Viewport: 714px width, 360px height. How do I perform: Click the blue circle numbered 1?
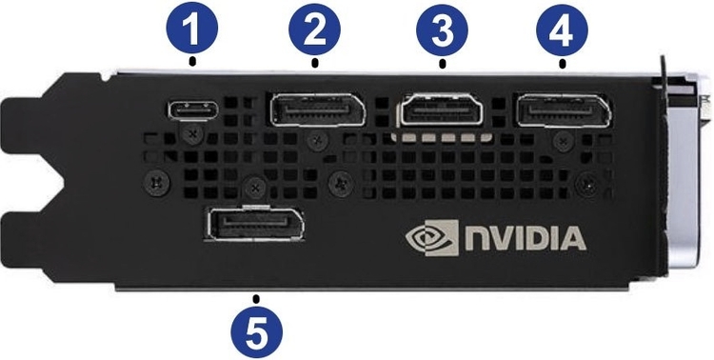pos(192,29)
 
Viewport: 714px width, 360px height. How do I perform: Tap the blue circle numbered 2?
pos(315,30)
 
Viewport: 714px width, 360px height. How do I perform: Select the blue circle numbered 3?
pos(442,30)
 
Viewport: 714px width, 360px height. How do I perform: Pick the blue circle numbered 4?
pos(562,30)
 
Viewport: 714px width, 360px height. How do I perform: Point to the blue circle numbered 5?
pos(256,331)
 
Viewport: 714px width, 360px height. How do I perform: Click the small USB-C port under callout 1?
pos(193,110)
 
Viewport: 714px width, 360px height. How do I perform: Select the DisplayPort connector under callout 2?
pos(317,110)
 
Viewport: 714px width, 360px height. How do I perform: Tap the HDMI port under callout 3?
pos(442,110)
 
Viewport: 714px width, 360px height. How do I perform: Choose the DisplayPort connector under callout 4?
pos(565,110)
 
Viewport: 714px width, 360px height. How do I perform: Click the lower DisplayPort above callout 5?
pos(255,223)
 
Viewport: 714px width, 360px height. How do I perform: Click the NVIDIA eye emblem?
pos(432,237)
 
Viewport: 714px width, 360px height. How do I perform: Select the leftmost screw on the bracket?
pos(156,183)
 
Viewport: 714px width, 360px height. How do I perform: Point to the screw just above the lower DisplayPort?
pos(255,188)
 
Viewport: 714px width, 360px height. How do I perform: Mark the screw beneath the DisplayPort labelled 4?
pos(565,142)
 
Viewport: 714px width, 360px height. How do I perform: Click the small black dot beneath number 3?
pos(442,64)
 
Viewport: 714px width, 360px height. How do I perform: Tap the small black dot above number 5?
pos(256,298)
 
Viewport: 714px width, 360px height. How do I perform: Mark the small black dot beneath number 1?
pos(192,61)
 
